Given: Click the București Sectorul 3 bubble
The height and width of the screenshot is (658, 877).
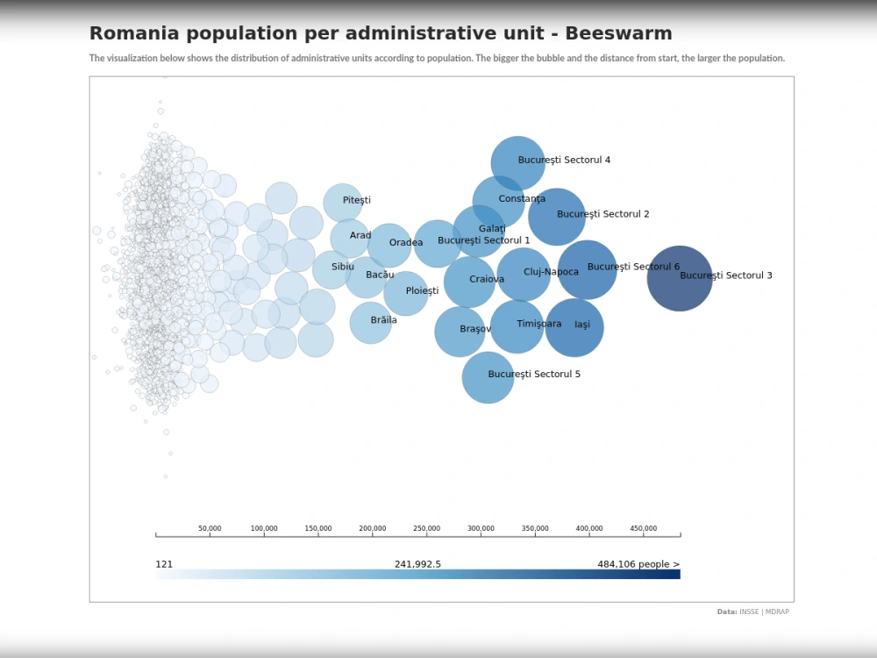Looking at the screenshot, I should [680, 278].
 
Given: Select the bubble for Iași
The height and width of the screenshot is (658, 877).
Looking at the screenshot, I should [574, 327].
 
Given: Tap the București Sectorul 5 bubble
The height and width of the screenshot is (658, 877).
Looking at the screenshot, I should [488, 377].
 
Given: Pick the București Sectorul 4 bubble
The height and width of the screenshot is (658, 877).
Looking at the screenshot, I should [517, 163].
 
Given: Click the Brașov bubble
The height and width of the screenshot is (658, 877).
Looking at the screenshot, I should [460, 332].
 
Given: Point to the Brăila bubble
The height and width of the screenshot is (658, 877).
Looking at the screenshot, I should [370, 322].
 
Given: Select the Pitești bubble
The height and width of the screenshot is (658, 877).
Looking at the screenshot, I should [343, 203].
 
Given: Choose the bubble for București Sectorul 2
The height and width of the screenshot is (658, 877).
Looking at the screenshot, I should [557, 217].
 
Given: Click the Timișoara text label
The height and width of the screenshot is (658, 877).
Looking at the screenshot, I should [538, 324].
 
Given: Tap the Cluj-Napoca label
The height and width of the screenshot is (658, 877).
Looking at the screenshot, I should [551, 272].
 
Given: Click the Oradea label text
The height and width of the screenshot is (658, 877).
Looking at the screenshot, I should [406, 243].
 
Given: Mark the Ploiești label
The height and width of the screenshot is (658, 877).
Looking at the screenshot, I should [422, 291].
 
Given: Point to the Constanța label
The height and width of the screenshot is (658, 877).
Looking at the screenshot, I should [522, 199].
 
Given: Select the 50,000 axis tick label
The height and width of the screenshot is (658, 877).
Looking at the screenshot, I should [210, 529].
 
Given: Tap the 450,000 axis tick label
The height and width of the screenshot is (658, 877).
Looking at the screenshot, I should [643, 529].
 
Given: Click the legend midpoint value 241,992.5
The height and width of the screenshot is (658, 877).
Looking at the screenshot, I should [417, 564].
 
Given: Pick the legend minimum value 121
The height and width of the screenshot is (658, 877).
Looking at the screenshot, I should [164, 564].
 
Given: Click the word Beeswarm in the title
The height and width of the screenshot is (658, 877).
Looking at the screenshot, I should [618, 33].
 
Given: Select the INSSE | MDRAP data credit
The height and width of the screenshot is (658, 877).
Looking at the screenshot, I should [763, 612].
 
